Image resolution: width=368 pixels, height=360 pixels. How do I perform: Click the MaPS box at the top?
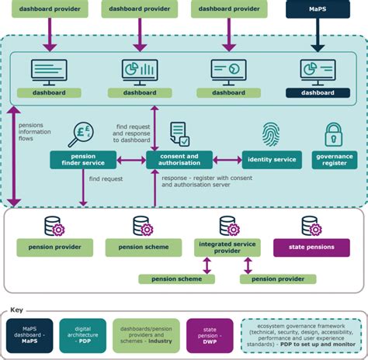[x=318, y=10]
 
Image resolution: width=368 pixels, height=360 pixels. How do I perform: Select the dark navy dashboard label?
[x=318, y=92]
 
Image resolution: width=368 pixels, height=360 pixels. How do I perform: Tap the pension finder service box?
[x=82, y=160]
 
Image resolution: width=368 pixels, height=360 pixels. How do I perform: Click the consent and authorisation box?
[x=179, y=160]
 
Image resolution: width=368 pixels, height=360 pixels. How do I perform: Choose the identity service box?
[x=271, y=160]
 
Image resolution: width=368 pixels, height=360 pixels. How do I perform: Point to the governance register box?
[x=335, y=160]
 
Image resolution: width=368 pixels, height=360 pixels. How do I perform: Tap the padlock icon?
[x=334, y=135]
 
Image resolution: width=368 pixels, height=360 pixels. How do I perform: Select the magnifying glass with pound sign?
[x=82, y=134]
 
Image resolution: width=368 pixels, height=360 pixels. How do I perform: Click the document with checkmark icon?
[x=179, y=133]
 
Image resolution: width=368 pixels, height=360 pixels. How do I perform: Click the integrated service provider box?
[x=228, y=247]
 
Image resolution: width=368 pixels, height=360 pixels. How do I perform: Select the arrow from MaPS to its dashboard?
[x=318, y=35]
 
